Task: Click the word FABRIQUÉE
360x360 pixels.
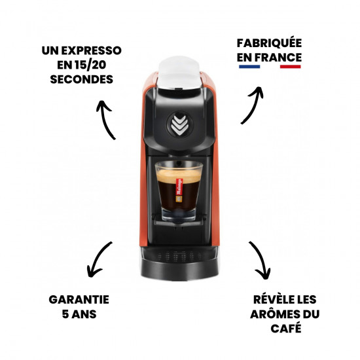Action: (269, 43)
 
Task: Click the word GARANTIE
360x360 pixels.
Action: (79, 299)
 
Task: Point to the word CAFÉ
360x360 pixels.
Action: (286, 328)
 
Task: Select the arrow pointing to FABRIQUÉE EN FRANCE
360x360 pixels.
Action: (252, 103)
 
